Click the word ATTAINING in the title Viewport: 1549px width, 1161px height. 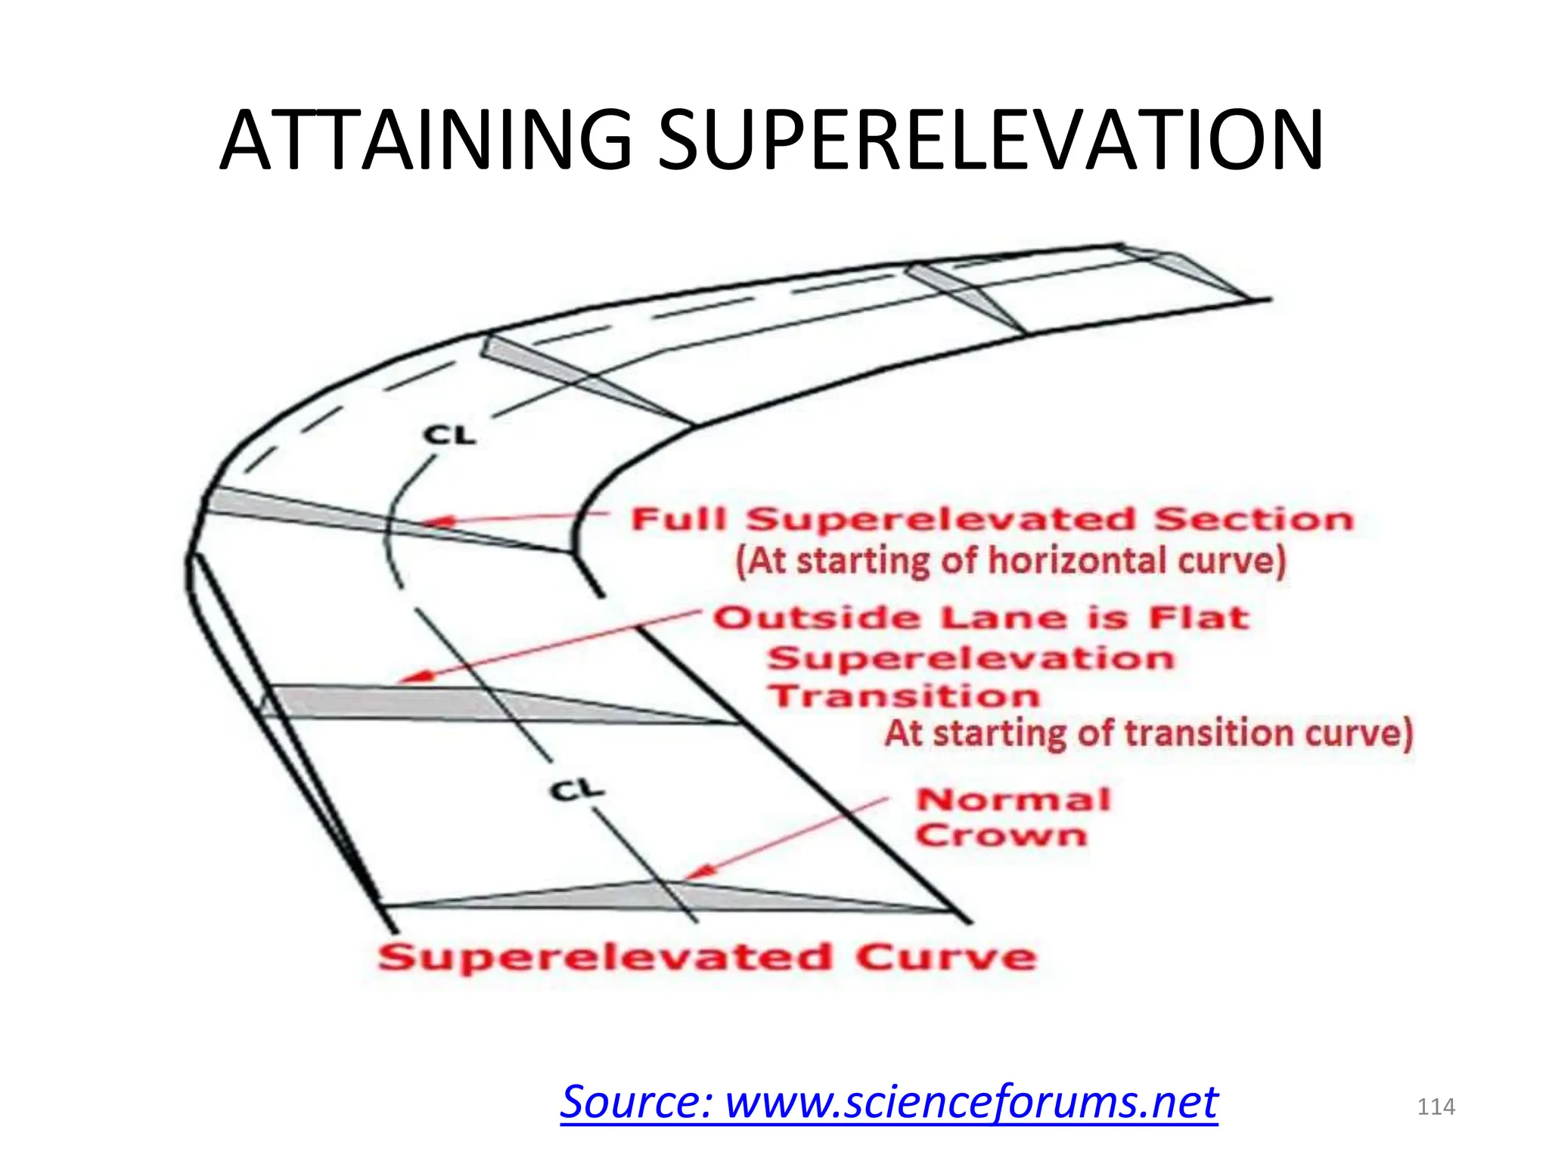tap(426, 141)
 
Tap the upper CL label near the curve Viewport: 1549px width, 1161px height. tap(450, 435)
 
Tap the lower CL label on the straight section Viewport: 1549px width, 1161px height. tap(577, 791)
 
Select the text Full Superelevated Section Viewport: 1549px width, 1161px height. tap(992, 520)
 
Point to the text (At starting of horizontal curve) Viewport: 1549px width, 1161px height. tap(1010, 562)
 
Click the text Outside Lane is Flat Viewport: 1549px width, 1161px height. tap(981, 618)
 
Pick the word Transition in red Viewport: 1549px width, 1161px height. tap(904, 696)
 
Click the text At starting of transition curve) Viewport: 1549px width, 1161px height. tap(1148, 734)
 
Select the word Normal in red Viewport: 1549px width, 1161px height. tap(1014, 800)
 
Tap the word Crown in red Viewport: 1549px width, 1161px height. tap(1001, 836)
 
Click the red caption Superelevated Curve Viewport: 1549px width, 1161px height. tap(707, 958)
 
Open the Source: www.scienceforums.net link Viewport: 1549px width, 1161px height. tap(889, 1101)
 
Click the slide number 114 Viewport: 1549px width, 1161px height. tap(1436, 1107)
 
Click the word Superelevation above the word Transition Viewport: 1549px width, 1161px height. tap(971, 658)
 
